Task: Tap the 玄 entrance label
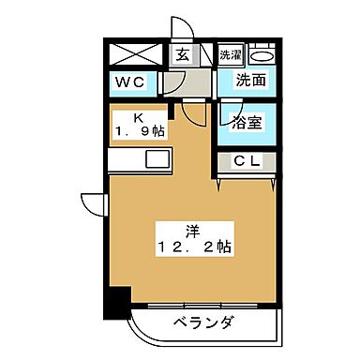[x=181, y=53]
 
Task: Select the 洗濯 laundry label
[x=231, y=54]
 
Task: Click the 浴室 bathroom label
[x=247, y=121]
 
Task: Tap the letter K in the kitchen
[x=138, y=118]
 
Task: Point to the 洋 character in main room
[x=191, y=230]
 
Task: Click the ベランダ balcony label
[x=202, y=325]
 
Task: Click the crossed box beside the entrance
[x=132, y=53]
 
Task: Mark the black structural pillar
[x=115, y=302]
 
